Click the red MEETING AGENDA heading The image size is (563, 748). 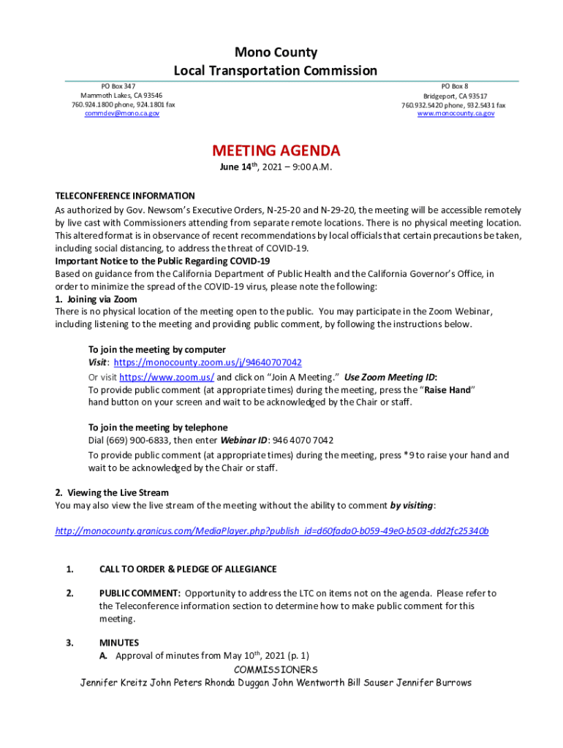(276, 151)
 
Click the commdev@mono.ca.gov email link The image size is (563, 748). (121, 114)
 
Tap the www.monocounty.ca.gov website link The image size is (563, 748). (456, 114)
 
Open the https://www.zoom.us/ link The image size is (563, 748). (166, 377)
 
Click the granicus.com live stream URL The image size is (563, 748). (272, 531)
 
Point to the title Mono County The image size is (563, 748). (276, 53)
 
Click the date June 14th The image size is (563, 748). (240, 167)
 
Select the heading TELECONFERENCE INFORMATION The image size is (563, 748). (125, 196)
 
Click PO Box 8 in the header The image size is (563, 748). (455, 86)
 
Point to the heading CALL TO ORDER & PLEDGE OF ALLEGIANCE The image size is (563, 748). (188, 570)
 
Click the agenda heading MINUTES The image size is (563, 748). (119, 643)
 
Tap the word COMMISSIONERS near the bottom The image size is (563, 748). (276, 670)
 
